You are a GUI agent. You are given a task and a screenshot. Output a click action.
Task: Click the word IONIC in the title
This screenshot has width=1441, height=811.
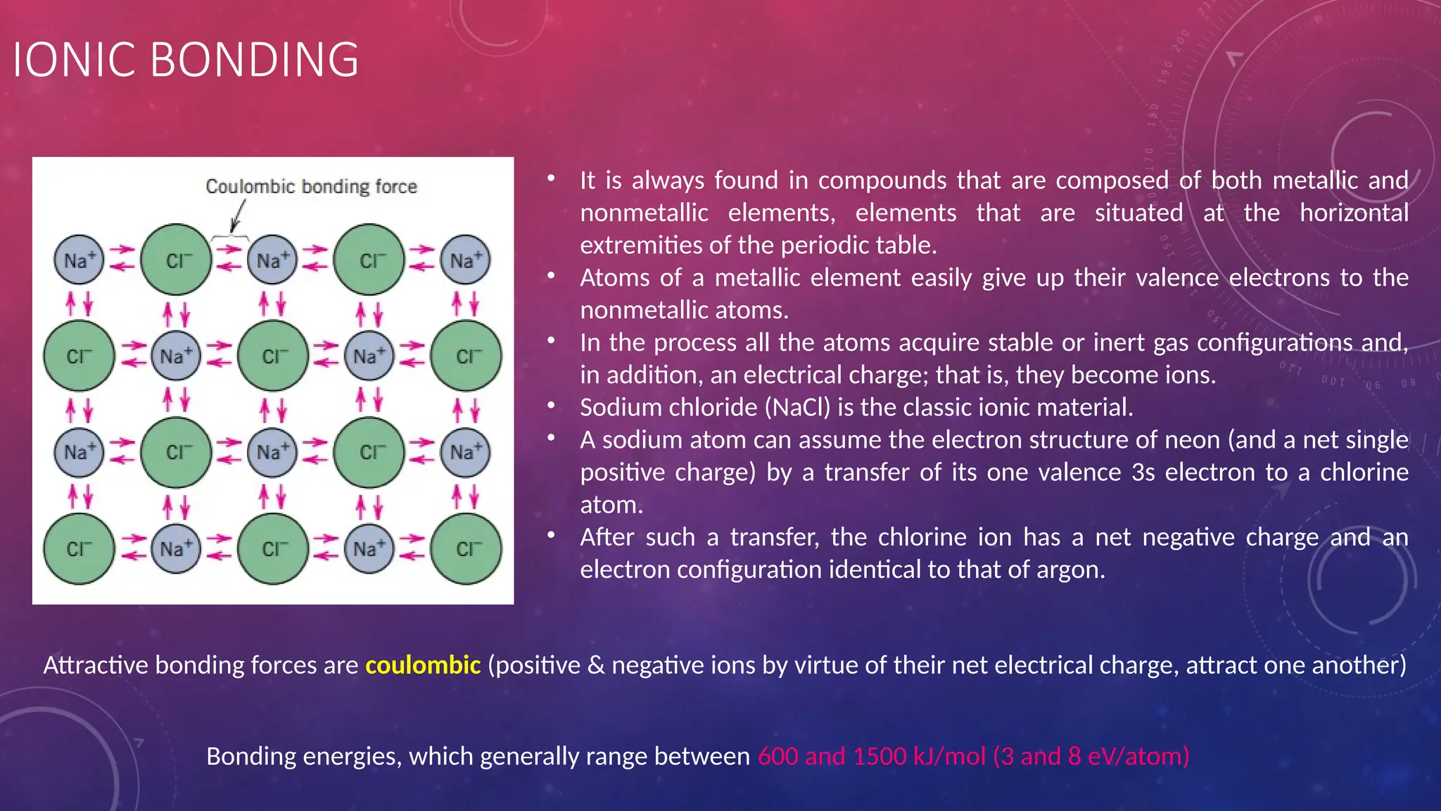tap(74, 60)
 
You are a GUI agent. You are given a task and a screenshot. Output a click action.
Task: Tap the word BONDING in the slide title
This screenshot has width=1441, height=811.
tap(254, 60)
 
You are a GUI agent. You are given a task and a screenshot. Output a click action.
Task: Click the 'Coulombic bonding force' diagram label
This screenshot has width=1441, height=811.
tap(311, 187)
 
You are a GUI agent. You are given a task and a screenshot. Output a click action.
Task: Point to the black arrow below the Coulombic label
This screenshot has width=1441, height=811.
tap(238, 215)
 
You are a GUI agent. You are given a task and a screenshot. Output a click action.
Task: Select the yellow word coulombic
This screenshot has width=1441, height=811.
tap(423, 665)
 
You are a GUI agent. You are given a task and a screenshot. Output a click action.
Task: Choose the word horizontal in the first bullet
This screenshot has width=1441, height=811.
tap(1354, 213)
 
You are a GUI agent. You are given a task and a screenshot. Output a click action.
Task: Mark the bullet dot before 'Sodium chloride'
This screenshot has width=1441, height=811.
tap(552, 405)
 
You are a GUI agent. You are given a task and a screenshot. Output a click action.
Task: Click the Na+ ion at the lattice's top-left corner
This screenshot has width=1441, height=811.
tap(79, 260)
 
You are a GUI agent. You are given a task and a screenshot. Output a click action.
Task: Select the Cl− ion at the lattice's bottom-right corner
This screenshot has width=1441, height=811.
tap(466, 549)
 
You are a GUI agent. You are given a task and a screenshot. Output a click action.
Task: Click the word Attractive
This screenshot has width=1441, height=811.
tap(96, 665)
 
